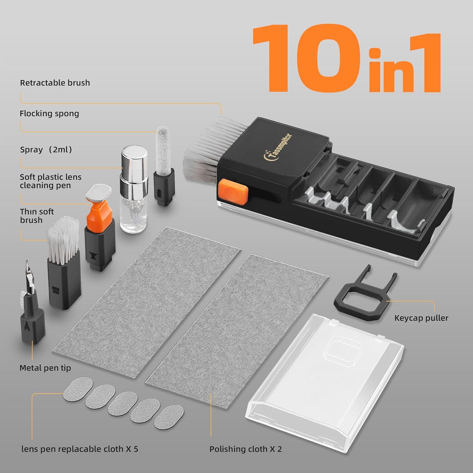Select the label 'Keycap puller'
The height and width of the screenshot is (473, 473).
421,318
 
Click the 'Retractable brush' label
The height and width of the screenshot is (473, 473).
55,83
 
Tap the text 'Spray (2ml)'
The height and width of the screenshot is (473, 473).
46,149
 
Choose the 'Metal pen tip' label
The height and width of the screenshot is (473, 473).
45,368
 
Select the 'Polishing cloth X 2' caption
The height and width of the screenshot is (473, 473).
245,449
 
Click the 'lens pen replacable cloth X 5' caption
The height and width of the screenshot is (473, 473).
79,449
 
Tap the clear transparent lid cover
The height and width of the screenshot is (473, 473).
325,363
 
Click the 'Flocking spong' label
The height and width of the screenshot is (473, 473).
49,114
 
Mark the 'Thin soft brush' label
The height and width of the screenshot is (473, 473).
37,216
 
